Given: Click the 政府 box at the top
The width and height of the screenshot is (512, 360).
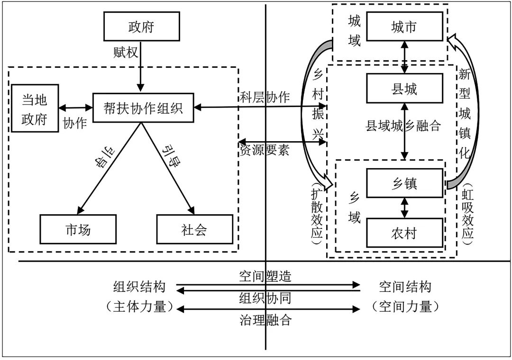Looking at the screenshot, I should (141, 27).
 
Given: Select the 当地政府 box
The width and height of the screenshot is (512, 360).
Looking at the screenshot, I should (35, 109).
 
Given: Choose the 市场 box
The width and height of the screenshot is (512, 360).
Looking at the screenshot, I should (78, 230).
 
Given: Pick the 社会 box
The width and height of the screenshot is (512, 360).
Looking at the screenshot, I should (194, 230).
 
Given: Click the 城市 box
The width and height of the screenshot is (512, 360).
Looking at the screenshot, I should (404, 27).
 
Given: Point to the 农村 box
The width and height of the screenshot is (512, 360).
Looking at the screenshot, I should (404, 232).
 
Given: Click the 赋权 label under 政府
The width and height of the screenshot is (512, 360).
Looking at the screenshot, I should (125, 52).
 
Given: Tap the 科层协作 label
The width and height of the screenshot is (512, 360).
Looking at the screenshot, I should (264, 98).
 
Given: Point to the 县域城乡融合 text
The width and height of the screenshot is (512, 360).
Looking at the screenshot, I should (403, 126).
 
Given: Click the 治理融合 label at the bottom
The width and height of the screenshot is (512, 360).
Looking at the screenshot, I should (265, 320).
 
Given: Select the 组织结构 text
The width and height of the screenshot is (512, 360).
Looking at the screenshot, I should (138, 287).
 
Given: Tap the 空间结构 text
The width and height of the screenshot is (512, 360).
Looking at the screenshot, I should (405, 287).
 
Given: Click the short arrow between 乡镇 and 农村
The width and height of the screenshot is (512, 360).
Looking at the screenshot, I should (404, 207).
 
